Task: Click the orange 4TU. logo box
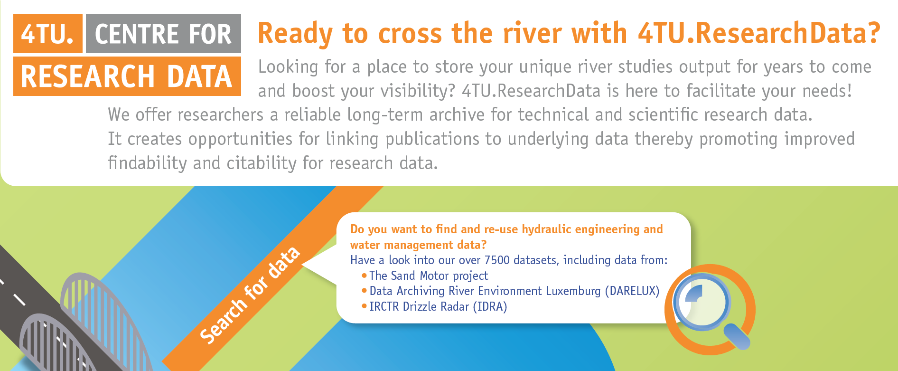click(x=48, y=34)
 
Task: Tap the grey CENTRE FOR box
click(x=163, y=34)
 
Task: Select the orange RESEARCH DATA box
click(x=127, y=76)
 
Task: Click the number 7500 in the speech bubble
click(x=497, y=260)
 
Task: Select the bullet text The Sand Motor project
click(x=429, y=276)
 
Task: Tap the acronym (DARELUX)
click(x=632, y=291)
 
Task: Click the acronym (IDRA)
click(x=490, y=306)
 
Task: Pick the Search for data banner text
click(x=250, y=295)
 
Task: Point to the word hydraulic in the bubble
click(x=546, y=229)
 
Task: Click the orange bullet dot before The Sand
click(x=364, y=276)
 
